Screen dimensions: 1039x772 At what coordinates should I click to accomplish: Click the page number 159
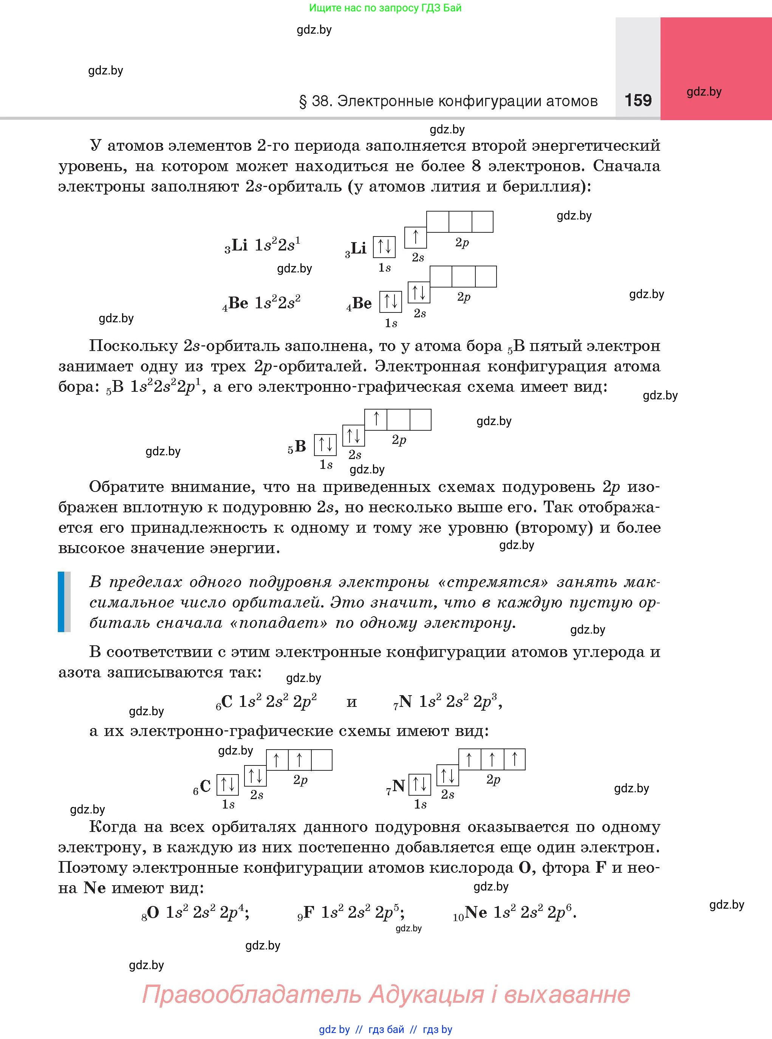(x=638, y=100)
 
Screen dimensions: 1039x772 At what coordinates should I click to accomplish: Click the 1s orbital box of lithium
(x=384, y=247)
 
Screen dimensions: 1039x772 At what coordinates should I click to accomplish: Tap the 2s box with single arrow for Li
(x=415, y=237)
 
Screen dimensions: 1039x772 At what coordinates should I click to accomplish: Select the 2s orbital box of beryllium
(x=419, y=292)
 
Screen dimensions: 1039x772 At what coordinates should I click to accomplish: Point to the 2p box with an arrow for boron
(x=376, y=419)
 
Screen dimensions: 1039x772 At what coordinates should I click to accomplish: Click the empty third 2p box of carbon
(x=322, y=760)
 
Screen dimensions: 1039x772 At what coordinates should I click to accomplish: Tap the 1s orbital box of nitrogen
(x=420, y=784)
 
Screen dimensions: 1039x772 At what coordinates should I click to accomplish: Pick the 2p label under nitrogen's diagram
(x=493, y=779)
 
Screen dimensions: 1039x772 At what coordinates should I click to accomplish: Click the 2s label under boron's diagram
(x=355, y=455)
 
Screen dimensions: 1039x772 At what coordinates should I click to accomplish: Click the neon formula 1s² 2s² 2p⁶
(x=535, y=912)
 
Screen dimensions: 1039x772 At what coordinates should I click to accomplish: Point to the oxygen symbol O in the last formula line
(x=153, y=912)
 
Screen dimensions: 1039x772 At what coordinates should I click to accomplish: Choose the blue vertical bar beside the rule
(x=61, y=602)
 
